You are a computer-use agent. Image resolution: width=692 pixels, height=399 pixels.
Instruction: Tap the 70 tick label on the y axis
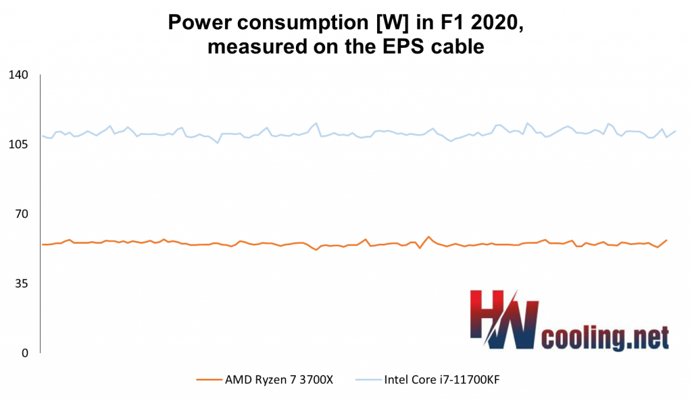(20, 214)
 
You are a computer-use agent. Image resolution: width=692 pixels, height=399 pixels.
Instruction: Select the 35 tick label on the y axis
(20, 284)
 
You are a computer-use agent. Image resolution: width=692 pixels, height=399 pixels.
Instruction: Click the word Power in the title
(198, 24)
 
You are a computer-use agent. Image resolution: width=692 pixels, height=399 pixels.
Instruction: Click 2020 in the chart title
(495, 24)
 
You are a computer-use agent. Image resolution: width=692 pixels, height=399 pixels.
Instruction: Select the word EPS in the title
(405, 47)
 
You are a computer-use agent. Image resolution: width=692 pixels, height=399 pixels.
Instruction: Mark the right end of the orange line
(667, 240)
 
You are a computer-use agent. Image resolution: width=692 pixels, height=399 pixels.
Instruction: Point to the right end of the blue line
(676, 131)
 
